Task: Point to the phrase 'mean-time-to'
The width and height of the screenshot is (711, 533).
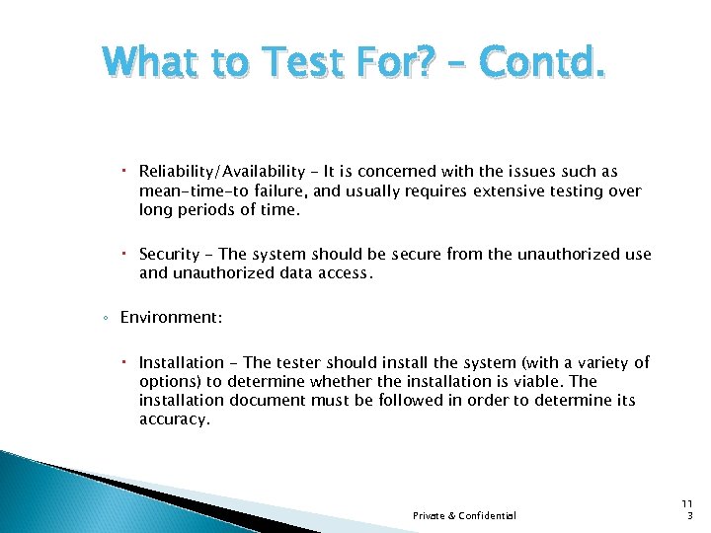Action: pyautogui.click(x=187, y=190)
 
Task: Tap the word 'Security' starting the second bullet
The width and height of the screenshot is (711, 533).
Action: pyautogui.click(x=170, y=255)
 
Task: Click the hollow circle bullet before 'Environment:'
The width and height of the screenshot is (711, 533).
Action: pyautogui.click(x=106, y=318)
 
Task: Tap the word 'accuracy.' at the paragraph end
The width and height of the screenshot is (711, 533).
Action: pyautogui.click(x=174, y=419)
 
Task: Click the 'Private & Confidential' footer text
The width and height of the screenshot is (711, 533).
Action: pyautogui.click(x=464, y=515)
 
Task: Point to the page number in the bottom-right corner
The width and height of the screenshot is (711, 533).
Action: pyautogui.click(x=688, y=509)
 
